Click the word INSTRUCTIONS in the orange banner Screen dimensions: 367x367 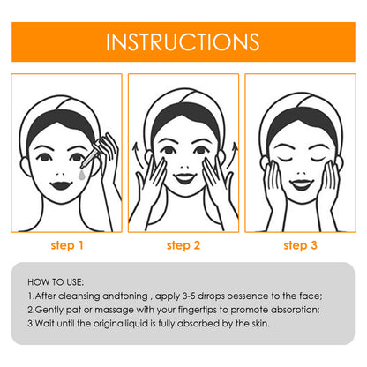click(183, 41)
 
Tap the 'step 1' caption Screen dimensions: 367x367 click(67, 245)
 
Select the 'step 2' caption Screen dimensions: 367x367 click(183, 245)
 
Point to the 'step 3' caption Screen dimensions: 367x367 click(300, 245)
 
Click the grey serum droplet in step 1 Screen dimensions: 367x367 click(81, 175)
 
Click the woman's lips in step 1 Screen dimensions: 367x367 click(61, 185)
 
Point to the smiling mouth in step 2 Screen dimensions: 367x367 click(185, 178)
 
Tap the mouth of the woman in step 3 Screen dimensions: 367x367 click(301, 184)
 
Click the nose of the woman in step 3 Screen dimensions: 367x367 click(301, 173)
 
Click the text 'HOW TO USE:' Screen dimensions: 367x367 click(56, 282)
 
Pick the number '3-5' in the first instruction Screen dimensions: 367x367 click(189, 296)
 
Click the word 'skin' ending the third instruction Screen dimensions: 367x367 click(260, 324)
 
